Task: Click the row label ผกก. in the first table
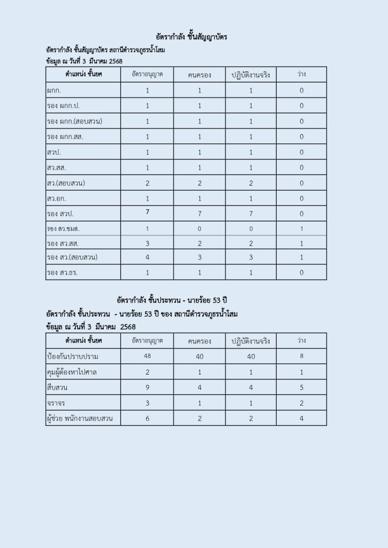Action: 54,90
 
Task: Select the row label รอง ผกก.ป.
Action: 63,106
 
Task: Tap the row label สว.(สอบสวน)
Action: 66,183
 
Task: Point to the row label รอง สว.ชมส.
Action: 63,229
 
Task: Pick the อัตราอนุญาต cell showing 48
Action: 148,356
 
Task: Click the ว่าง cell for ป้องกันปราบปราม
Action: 301,356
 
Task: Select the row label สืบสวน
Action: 59,387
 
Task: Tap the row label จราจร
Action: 57,402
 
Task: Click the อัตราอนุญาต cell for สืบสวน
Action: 148,387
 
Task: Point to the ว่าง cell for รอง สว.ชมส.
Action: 301,229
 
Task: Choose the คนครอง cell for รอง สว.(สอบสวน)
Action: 200,257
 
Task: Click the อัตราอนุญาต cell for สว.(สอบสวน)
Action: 148,183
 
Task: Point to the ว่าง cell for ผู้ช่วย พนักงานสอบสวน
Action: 301,418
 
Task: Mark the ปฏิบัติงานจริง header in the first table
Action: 250,74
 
